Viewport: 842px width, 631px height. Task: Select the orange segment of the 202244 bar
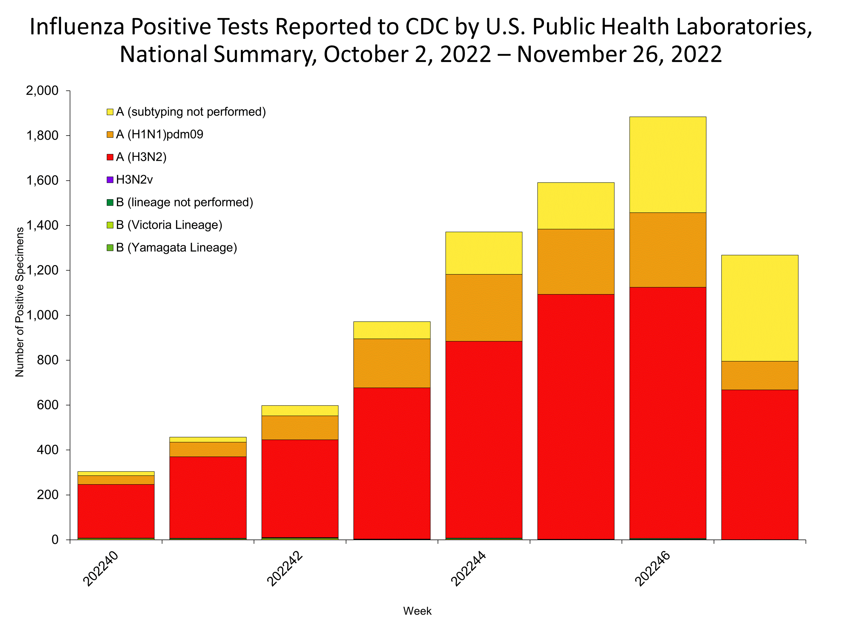click(484, 307)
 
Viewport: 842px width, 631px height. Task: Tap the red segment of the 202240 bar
click(116, 511)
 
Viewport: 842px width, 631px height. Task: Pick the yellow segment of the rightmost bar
click(760, 308)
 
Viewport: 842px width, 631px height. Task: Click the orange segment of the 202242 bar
click(300, 427)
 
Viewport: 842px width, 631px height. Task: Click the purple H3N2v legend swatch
click(110, 180)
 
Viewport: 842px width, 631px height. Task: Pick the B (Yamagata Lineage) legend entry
click(176, 248)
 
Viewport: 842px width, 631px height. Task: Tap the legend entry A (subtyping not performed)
click(191, 112)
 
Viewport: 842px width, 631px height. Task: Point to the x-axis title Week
click(417, 611)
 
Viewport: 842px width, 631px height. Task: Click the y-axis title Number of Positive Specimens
click(20, 302)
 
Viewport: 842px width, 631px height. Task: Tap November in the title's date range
click(570, 54)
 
